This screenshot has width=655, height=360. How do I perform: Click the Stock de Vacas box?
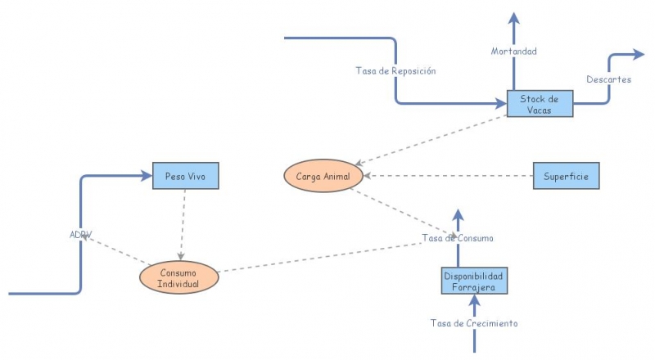(x=540, y=104)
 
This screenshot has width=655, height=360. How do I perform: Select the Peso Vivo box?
(x=186, y=176)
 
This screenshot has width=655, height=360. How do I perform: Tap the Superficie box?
(x=566, y=176)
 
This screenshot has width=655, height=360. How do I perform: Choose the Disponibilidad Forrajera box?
(x=474, y=281)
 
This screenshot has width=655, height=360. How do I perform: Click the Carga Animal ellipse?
(x=323, y=176)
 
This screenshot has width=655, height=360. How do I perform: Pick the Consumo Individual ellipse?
(x=178, y=277)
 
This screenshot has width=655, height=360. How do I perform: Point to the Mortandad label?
(x=513, y=52)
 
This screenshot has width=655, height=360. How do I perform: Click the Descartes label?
(x=608, y=79)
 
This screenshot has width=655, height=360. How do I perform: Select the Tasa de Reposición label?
(x=395, y=70)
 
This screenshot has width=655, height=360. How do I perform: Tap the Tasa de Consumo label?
(x=457, y=238)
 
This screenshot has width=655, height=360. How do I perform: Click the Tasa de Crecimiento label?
(x=474, y=323)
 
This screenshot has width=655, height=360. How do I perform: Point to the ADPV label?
(x=80, y=235)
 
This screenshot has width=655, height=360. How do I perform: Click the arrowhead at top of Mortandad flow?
(x=513, y=18)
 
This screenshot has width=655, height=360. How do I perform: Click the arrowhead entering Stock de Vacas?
(x=501, y=103)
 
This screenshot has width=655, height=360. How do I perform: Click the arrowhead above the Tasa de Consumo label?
(x=458, y=217)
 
